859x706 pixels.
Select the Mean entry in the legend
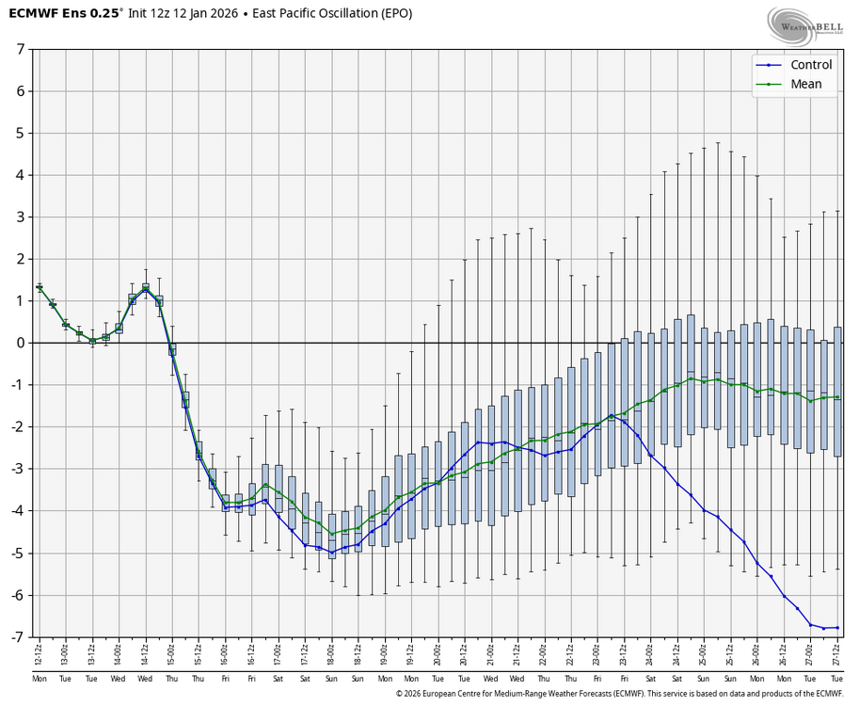coord(805,85)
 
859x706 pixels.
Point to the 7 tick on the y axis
coord(20,48)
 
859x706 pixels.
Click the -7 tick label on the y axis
coord(18,637)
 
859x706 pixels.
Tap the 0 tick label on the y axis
coord(20,343)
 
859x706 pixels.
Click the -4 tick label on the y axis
coord(18,511)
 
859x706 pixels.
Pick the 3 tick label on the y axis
coord(20,217)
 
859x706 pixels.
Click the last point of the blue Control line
coord(837,628)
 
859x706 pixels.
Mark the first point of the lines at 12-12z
coord(40,287)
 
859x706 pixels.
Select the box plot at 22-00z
coord(545,442)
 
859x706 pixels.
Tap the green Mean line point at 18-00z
coord(332,534)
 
